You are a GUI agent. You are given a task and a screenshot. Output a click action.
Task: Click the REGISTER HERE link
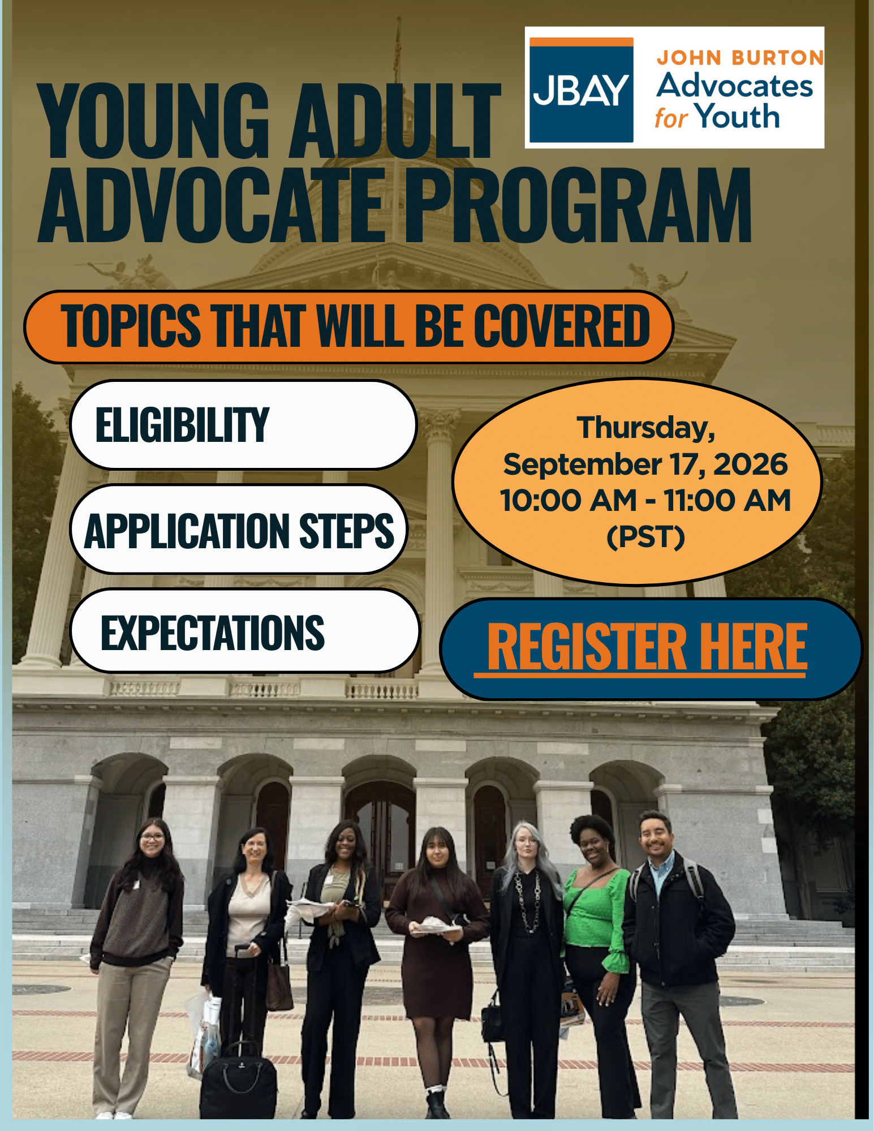647,648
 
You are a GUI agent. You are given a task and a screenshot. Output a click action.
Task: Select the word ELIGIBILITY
182,425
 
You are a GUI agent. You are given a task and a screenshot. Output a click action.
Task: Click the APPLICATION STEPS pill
239,530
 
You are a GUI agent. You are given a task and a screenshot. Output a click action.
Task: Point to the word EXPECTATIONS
213,633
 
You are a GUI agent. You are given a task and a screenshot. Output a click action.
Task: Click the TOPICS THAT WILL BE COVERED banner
348,326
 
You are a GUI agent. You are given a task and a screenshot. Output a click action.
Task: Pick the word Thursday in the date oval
646,428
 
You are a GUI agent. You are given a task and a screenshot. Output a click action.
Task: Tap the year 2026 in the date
751,465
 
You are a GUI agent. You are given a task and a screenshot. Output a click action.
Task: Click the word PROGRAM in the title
578,205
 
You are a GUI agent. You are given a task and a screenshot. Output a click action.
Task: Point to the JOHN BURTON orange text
740,58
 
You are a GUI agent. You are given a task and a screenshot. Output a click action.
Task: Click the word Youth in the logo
738,117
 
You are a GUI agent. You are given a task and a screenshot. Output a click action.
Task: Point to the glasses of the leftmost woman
151,837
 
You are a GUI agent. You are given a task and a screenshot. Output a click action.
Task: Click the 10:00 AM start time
569,501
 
